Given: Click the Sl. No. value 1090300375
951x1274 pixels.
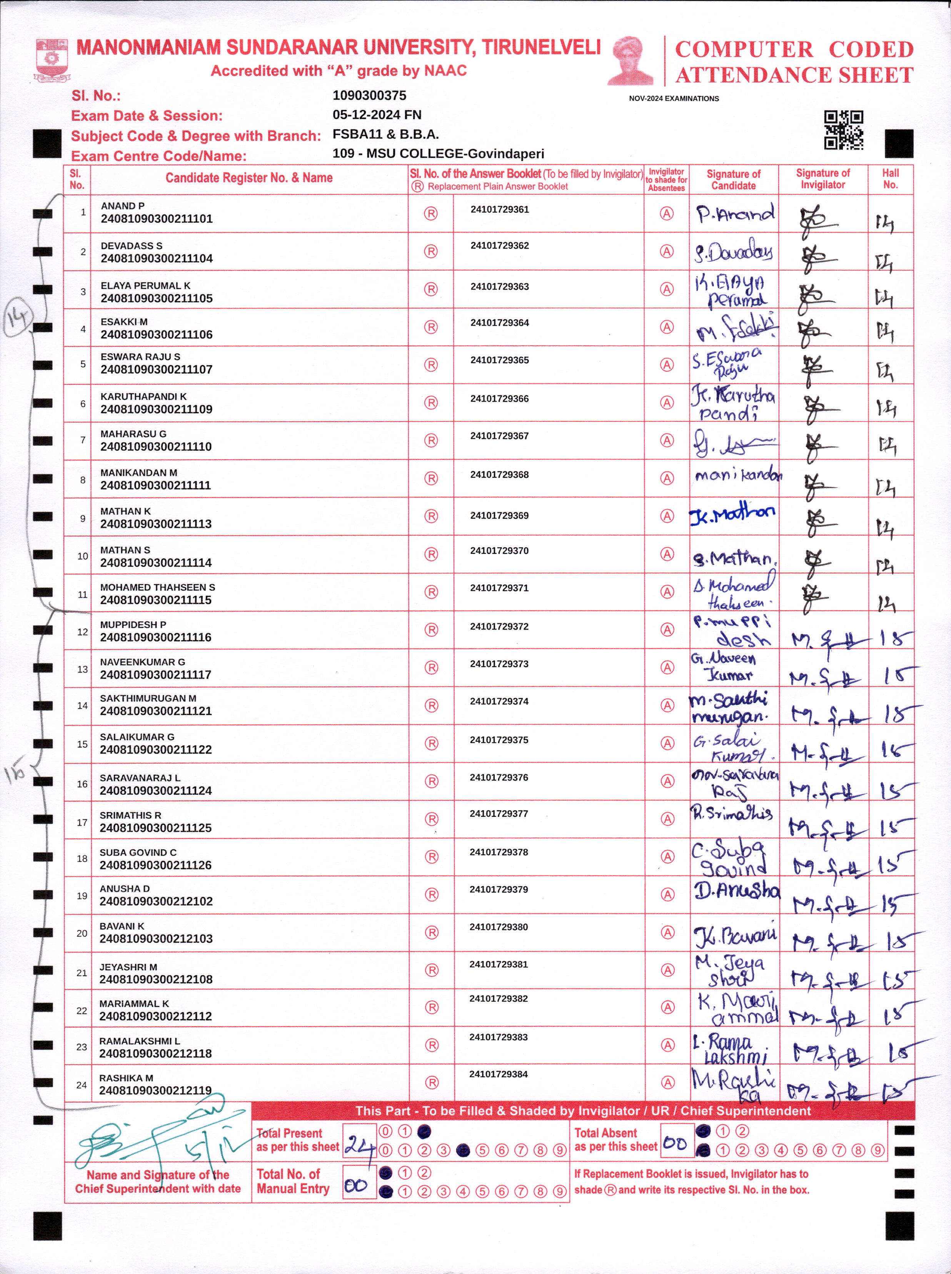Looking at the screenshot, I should pyautogui.click(x=369, y=95).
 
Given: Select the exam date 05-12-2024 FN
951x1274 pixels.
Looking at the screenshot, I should pyautogui.click(x=377, y=115).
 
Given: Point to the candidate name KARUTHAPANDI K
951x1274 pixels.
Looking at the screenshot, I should pyautogui.click(x=143, y=396).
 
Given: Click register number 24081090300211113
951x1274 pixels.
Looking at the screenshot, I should pyautogui.click(x=156, y=523).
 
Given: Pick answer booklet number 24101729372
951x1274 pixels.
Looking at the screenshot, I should pyautogui.click(x=499, y=626).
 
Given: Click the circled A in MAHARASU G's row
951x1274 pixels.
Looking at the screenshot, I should pyautogui.click(x=667, y=441).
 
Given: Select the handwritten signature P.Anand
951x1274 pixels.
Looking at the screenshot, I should pyautogui.click(x=734, y=214).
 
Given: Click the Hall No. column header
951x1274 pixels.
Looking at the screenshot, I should pyautogui.click(x=890, y=179).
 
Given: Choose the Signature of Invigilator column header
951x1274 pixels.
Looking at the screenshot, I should pyautogui.click(x=823, y=179).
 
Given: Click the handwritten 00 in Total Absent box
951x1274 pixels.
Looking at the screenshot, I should pyautogui.click(x=675, y=1143).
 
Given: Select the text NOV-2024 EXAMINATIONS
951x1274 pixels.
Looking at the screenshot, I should pyautogui.click(x=674, y=99).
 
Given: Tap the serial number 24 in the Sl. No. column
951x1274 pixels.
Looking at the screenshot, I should pyautogui.click(x=82, y=1085).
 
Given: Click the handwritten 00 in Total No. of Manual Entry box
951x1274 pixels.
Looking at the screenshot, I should pyautogui.click(x=356, y=1185).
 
